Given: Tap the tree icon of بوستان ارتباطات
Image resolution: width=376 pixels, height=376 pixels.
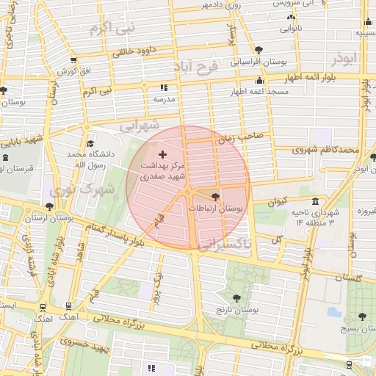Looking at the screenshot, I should [214, 197].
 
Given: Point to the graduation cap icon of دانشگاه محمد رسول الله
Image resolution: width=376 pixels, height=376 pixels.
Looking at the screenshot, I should [90, 144].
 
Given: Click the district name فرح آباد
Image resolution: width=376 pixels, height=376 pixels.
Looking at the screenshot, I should [196, 68].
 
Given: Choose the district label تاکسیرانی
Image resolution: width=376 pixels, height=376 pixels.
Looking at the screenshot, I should [224, 242].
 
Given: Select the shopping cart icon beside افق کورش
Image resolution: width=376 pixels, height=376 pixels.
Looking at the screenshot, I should [73, 60].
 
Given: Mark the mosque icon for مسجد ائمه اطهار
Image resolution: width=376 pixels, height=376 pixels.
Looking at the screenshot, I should [258, 81].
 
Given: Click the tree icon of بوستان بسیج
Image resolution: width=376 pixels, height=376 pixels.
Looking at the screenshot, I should [362, 317].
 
